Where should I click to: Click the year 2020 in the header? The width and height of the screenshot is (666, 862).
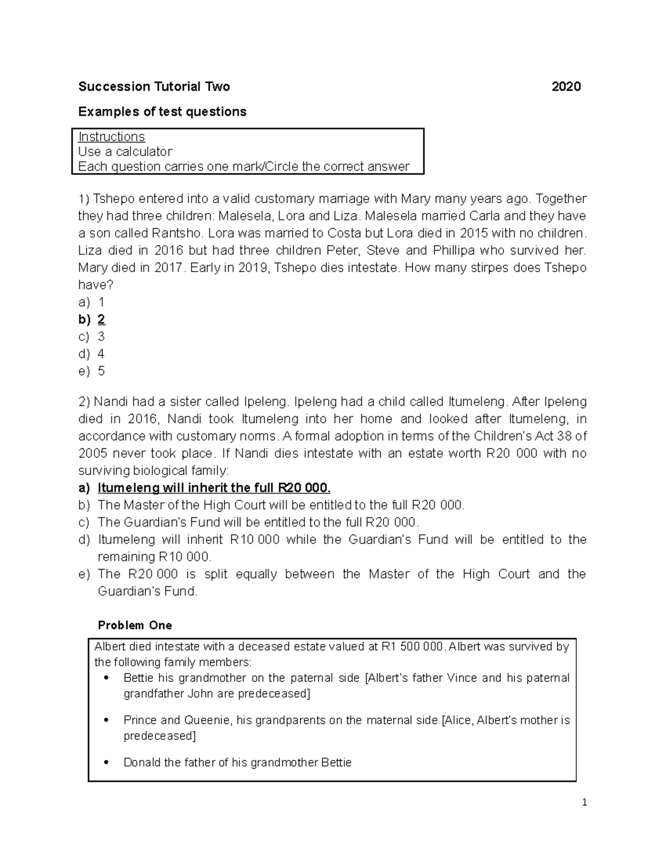566,87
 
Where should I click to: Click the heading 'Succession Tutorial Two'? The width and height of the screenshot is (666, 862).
154,87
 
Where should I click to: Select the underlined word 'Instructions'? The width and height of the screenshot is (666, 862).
112,137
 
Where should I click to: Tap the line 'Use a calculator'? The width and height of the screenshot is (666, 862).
125,152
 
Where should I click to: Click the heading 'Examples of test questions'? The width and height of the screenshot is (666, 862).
162,112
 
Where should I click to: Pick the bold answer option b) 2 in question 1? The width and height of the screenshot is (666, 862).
93,319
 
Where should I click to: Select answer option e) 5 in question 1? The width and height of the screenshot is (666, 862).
92,371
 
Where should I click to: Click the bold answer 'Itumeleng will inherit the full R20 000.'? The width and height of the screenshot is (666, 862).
214,488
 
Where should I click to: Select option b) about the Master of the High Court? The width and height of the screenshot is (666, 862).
280,505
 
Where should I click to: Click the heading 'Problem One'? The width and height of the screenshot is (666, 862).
135,625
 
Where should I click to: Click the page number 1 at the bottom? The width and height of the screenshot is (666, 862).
584,802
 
